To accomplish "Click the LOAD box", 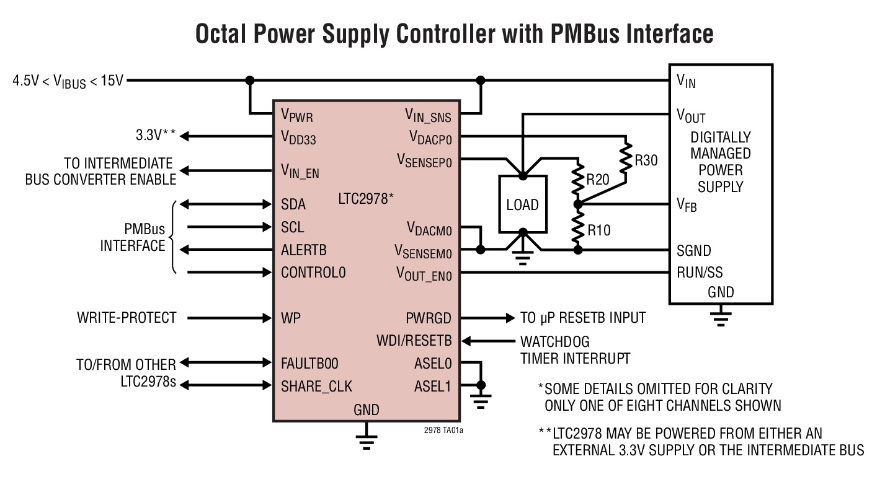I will point(522,204).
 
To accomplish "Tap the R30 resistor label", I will point(646,161).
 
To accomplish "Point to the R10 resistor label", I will point(598,230).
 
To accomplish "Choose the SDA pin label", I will point(293,204).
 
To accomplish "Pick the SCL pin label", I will point(293,227).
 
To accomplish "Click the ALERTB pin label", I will point(304,250).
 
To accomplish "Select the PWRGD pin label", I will point(429,318).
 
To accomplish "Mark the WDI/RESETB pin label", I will point(414,341).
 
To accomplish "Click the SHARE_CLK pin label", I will point(316,386).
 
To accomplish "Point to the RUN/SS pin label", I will point(700,273).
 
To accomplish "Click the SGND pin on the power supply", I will point(694,251).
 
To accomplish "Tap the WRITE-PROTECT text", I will point(127,318).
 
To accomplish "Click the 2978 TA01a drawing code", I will point(440,429).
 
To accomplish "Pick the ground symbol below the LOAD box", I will point(522,259).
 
